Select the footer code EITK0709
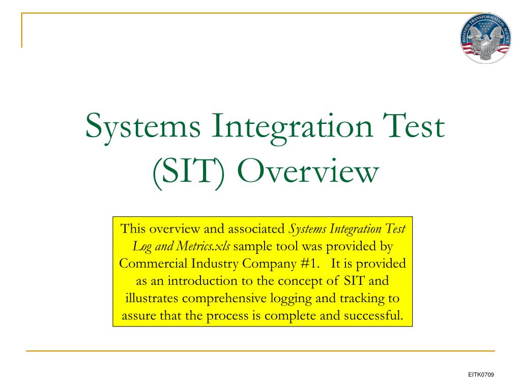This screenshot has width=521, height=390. click(481, 375)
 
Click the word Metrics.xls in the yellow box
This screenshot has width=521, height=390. click(203, 246)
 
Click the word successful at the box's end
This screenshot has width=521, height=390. click(373, 315)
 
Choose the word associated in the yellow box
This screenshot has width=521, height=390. click(259, 229)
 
